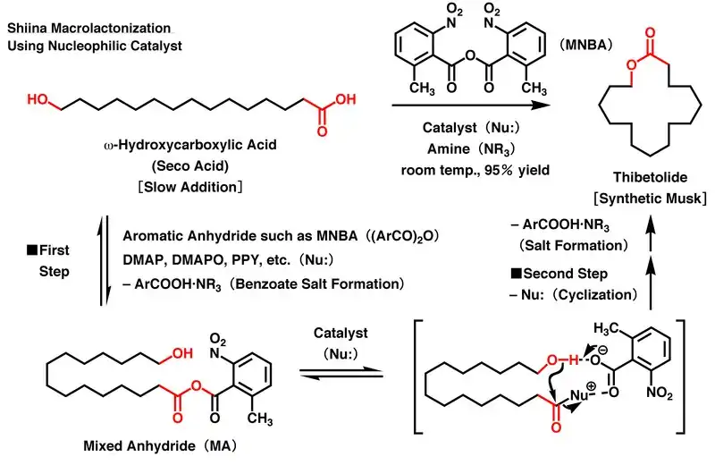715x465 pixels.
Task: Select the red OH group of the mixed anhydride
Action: pyautogui.click(x=181, y=353)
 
